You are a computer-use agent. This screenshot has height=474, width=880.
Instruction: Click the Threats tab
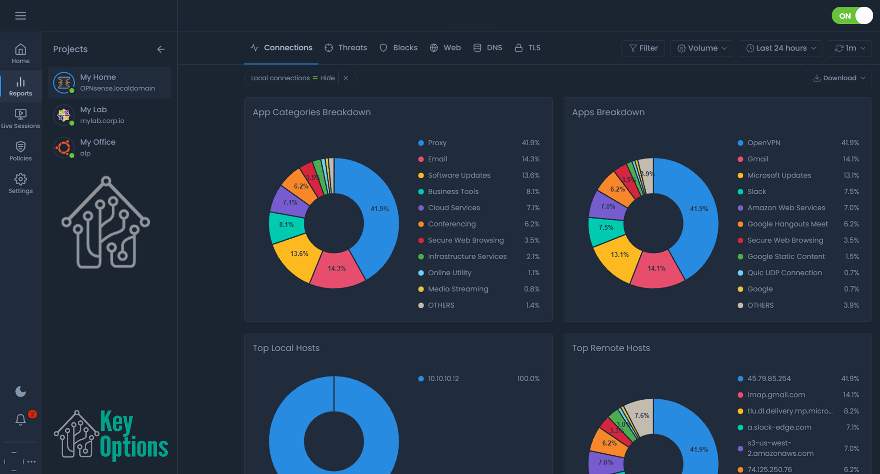(x=346, y=48)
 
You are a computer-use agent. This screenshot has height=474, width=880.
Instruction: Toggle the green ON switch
(x=852, y=16)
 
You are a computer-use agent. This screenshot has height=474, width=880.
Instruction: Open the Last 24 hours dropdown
(x=781, y=48)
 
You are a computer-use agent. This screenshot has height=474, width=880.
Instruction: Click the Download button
(x=838, y=78)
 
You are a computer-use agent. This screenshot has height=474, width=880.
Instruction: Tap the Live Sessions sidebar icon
(x=21, y=118)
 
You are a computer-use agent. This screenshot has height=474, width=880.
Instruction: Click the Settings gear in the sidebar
(x=21, y=183)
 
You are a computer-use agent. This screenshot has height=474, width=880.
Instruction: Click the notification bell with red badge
(x=21, y=419)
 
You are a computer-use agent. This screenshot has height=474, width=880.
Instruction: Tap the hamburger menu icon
(x=21, y=16)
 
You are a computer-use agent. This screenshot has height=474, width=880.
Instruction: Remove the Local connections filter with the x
(x=346, y=78)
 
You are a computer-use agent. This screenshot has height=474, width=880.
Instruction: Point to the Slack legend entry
(x=756, y=192)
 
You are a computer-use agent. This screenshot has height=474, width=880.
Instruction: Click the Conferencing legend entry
(x=451, y=224)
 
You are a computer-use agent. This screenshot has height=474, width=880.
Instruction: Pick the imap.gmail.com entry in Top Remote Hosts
(x=775, y=395)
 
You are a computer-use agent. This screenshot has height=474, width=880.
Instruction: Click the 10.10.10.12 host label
(x=443, y=379)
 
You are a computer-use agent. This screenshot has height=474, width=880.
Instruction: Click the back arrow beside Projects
(x=160, y=49)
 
